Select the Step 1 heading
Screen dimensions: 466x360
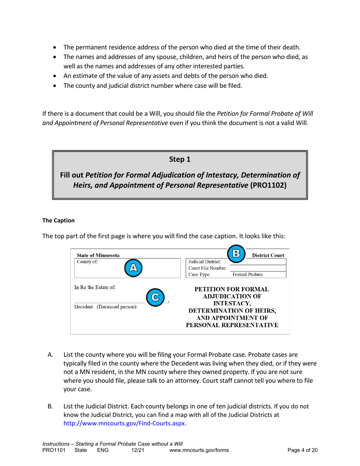coord(180,160)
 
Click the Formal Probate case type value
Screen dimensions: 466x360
coord(248,274)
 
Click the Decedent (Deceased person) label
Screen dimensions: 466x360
coord(105,306)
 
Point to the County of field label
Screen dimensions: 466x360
coord(87,261)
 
